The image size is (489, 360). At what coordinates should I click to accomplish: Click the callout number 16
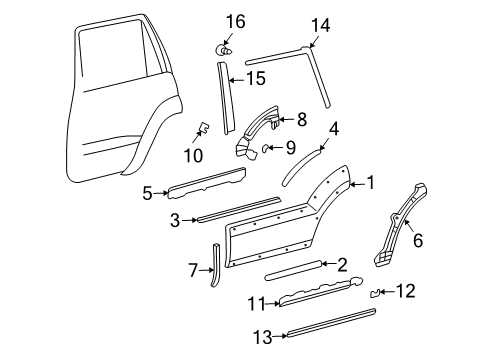(x=236, y=22)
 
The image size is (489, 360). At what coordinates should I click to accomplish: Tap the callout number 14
(x=321, y=26)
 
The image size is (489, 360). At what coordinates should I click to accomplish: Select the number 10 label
(x=193, y=155)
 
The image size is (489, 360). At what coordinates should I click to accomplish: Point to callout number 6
(x=418, y=240)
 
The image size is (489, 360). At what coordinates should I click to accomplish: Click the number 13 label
(x=264, y=337)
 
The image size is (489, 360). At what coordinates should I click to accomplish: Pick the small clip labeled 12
(x=375, y=293)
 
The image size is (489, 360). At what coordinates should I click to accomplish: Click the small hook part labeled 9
(x=265, y=148)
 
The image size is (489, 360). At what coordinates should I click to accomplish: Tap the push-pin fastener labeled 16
(x=223, y=50)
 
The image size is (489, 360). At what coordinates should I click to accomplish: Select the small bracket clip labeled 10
(x=203, y=126)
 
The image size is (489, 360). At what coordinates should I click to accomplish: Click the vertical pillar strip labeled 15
(x=226, y=98)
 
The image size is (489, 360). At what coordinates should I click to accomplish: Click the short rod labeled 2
(x=294, y=270)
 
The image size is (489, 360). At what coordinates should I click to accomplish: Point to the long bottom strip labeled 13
(x=332, y=323)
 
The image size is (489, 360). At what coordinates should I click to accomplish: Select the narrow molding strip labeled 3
(x=239, y=209)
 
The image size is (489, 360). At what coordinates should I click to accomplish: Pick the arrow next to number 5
(x=161, y=193)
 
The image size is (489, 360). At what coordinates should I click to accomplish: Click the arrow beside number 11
(x=273, y=304)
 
